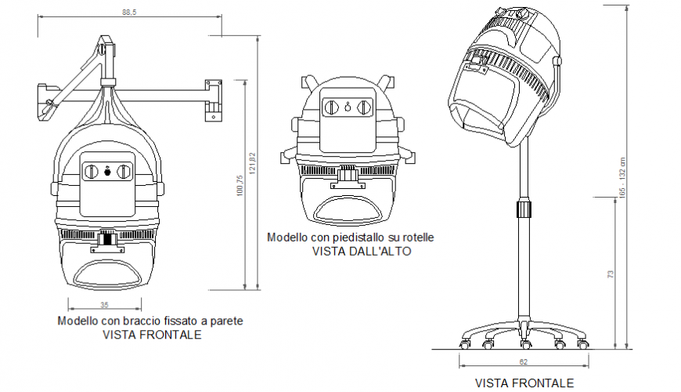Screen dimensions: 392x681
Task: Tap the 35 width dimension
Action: (x=104, y=304)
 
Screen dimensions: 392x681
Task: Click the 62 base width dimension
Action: (x=523, y=361)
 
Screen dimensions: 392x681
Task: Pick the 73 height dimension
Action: (x=610, y=274)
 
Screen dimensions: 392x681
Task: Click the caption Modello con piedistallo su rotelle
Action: (x=350, y=237)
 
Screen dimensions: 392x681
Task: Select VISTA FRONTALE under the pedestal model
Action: (x=524, y=383)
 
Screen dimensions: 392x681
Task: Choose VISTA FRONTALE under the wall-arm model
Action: (x=151, y=334)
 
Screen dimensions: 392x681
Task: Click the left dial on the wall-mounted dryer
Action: (x=92, y=171)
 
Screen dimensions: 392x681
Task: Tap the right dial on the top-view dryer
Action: (x=363, y=107)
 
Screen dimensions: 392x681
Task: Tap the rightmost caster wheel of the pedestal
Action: (x=583, y=343)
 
